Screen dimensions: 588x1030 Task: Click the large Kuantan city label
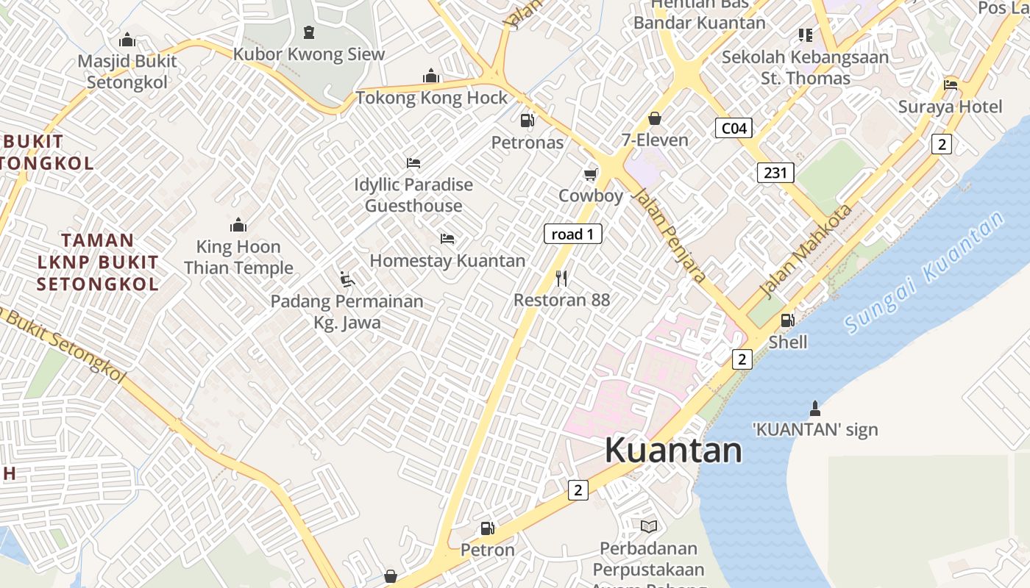(x=673, y=450)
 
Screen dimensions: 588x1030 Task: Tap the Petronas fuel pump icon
(x=527, y=120)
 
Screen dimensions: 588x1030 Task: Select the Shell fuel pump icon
(x=787, y=320)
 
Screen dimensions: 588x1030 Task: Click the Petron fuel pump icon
(x=487, y=528)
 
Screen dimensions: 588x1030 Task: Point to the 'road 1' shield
(x=572, y=234)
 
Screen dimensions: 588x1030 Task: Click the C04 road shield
(x=734, y=129)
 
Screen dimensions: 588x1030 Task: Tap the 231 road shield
(x=775, y=173)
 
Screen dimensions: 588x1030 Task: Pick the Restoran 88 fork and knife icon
(x=561, y=278)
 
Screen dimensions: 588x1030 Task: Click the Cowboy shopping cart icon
(x=590, y=174)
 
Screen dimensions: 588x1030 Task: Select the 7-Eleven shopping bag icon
(x=654, y=118)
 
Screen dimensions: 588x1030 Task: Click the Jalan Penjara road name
(x=670, y=235)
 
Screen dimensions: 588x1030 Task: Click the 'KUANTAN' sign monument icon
(x=814, y=407)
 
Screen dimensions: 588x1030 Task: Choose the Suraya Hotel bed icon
(x=951, y=85)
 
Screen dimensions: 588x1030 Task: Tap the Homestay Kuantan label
(x=447, y=260)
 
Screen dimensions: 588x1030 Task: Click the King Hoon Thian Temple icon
(x=238, y=225)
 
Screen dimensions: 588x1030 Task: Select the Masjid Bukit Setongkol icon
(x=127, y=40)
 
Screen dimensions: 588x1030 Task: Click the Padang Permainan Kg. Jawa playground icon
(x=347, y=279)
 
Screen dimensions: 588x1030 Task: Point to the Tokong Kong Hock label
(x=432, y=98)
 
